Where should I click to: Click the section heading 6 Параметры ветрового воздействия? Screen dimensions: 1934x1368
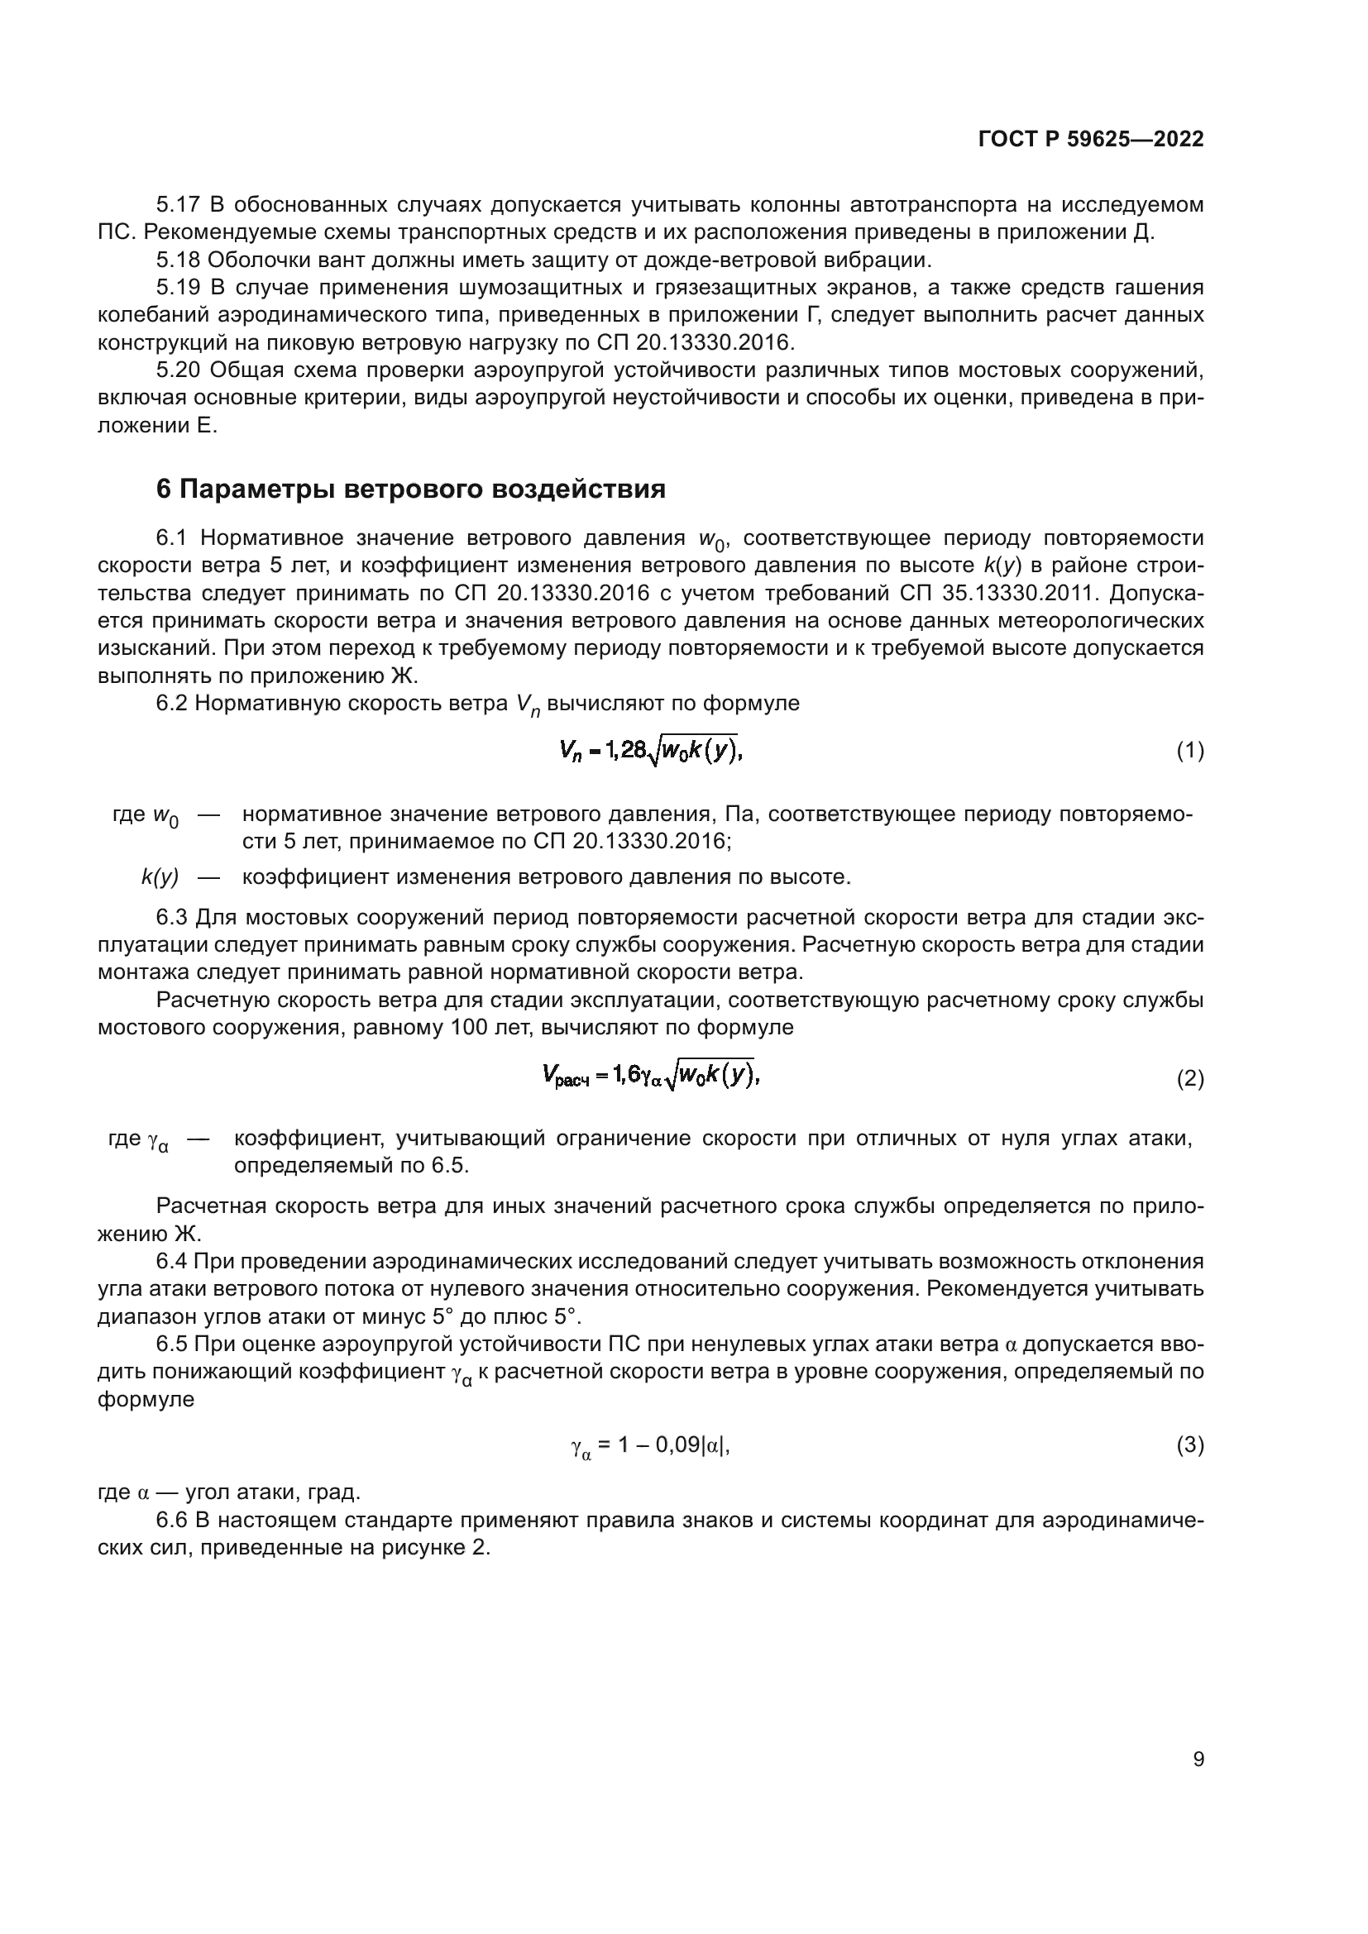[411, 489]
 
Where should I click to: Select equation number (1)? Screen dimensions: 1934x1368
[1189, 751]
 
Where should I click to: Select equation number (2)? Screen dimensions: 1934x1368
[1189, 1079]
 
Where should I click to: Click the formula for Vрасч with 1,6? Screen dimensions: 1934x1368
[651, 1075]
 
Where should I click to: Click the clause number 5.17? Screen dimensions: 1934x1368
[178, 205]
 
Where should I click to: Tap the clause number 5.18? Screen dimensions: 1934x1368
[178, 260]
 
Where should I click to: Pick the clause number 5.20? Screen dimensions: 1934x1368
[179, 370]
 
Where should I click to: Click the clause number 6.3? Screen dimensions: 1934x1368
[175, 917]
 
